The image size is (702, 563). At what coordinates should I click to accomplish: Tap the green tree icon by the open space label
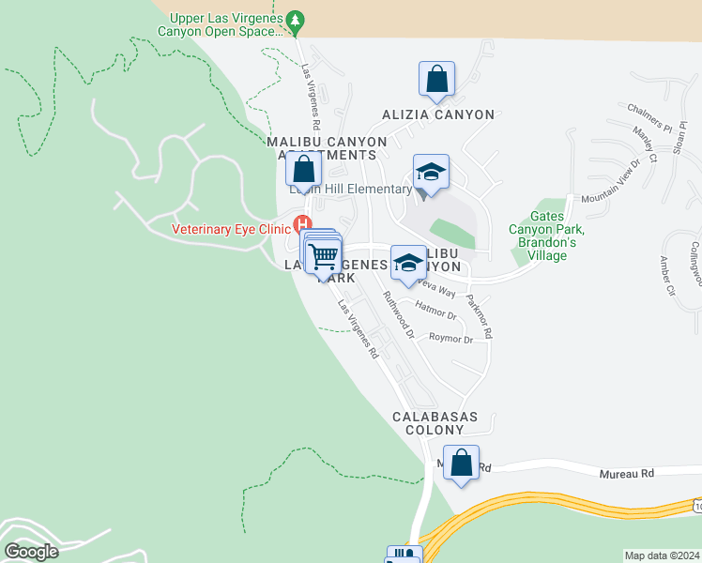296,19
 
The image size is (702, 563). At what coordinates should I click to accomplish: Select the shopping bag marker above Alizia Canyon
437,81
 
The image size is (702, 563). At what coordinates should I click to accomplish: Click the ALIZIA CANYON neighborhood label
438,114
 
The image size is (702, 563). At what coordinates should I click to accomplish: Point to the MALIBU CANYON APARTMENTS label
327,148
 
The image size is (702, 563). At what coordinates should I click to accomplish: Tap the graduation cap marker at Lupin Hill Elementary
431,174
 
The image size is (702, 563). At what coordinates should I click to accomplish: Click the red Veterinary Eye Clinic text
231,228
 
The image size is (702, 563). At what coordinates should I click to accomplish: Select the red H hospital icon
302,224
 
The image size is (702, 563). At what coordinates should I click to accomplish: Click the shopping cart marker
323,254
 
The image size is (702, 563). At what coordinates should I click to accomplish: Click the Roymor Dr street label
450,338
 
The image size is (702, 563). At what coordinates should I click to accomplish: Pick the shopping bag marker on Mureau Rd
461,464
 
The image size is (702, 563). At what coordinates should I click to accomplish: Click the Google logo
31,552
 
